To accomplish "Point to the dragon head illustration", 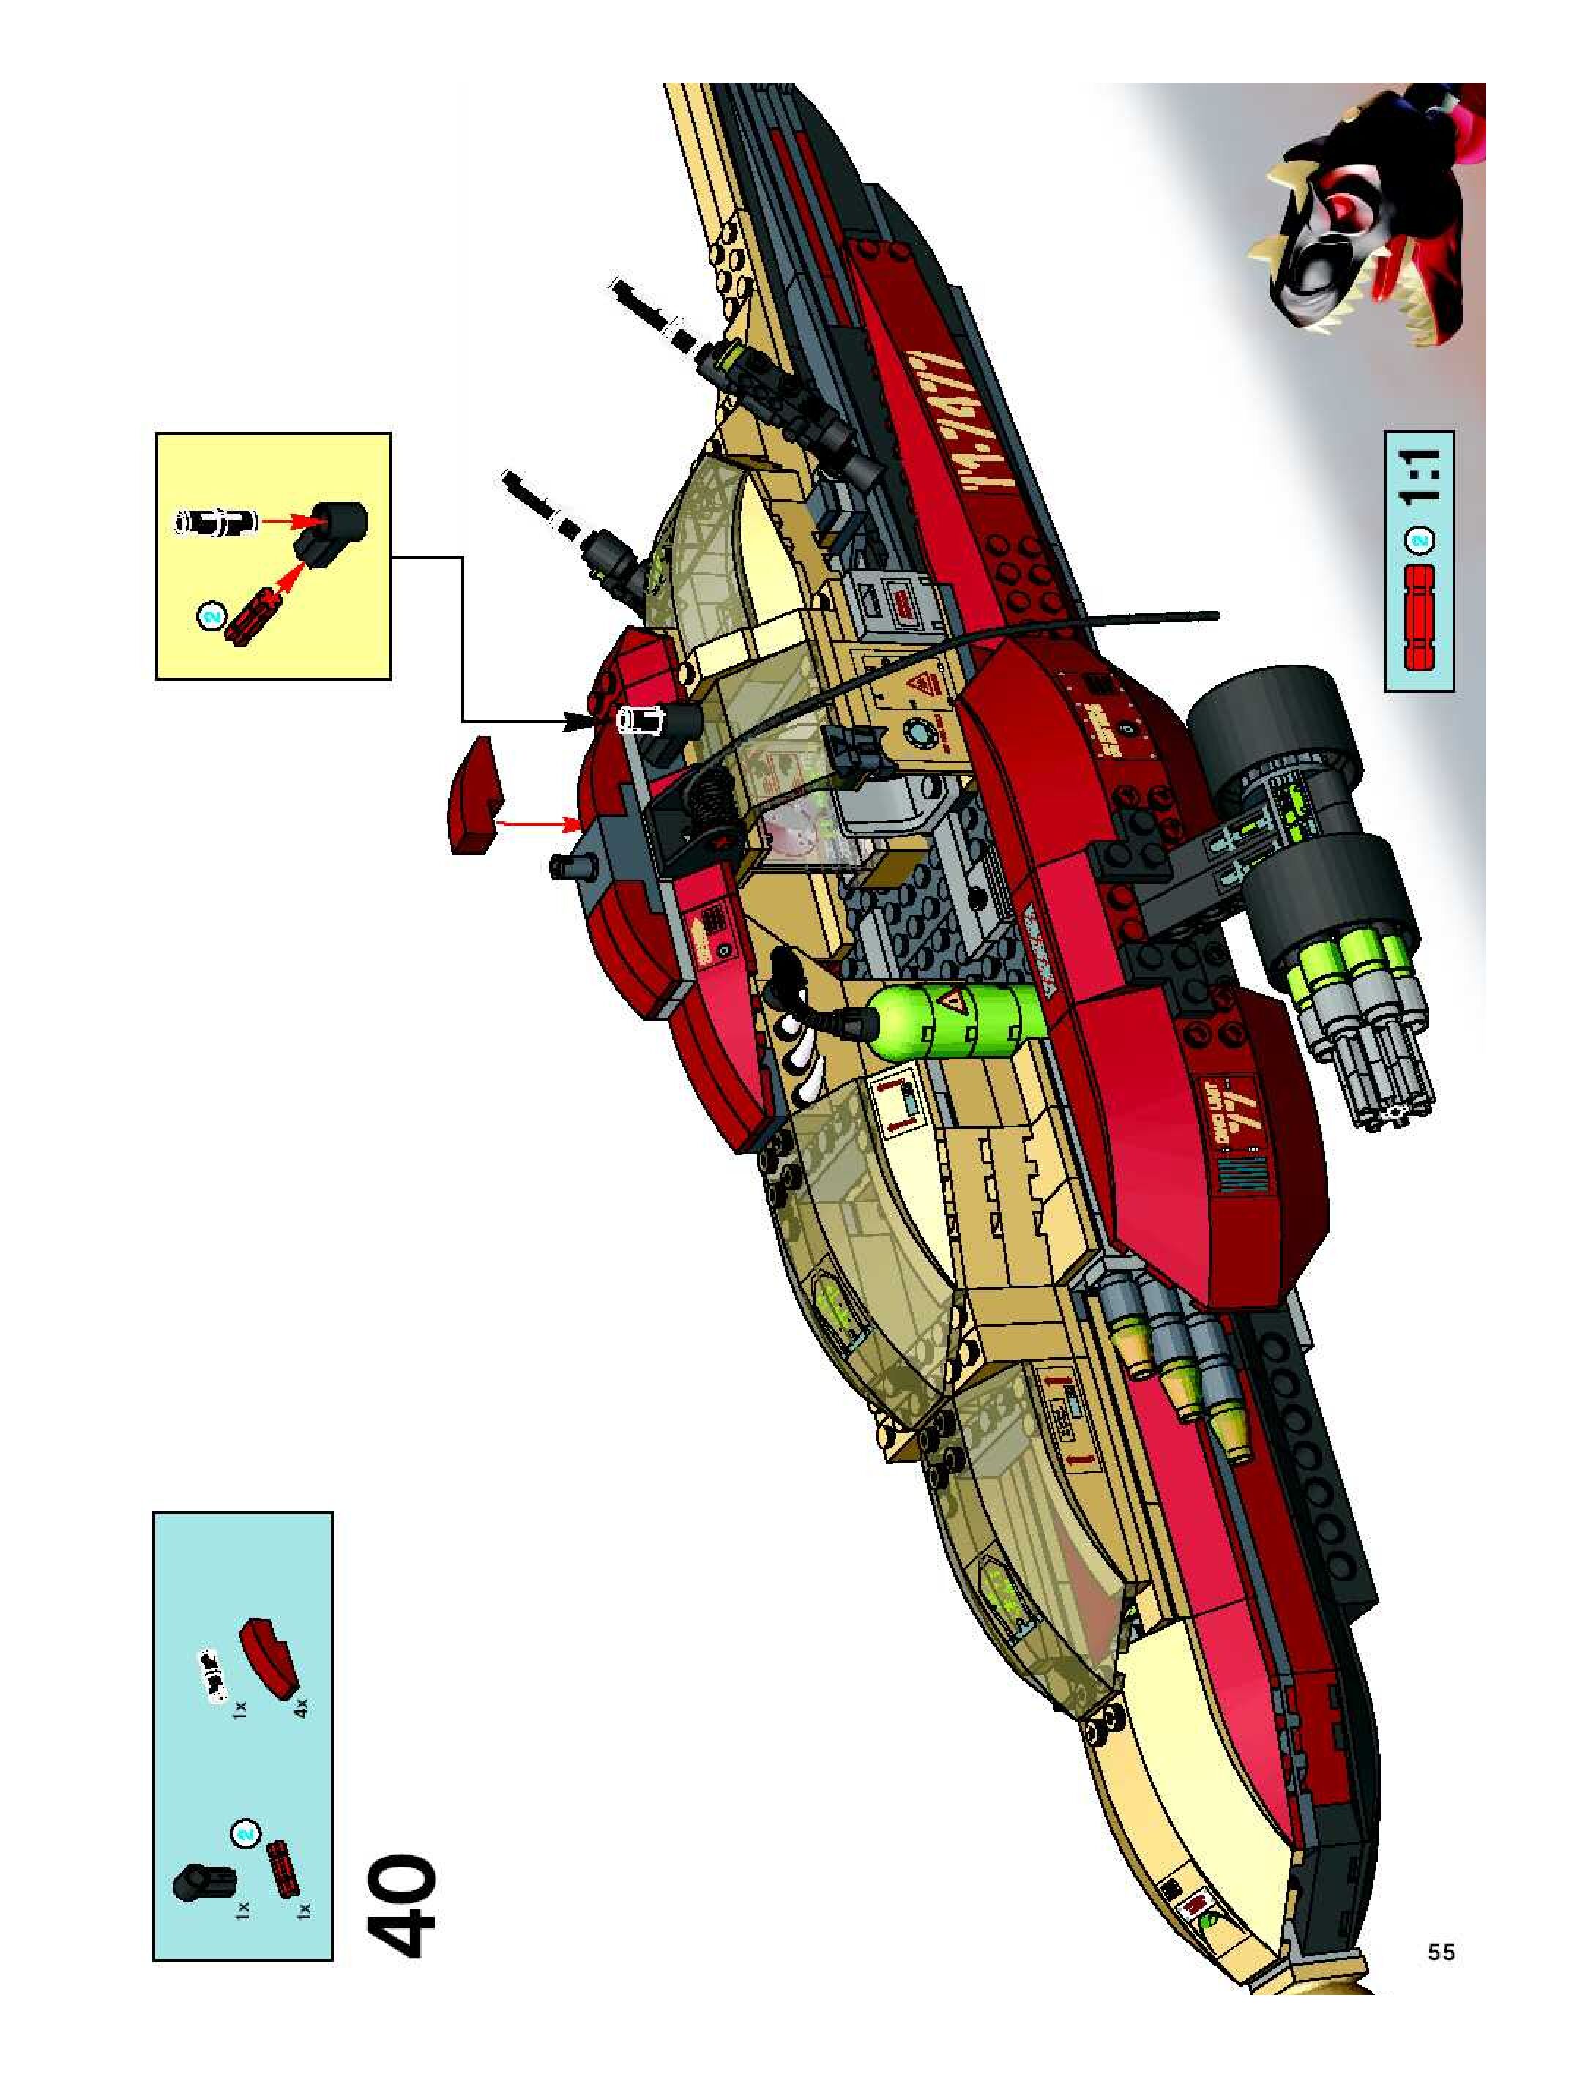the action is (1356, 226).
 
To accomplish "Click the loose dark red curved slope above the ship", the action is (475, 795).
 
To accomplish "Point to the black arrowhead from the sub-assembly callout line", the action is (576, 721).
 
